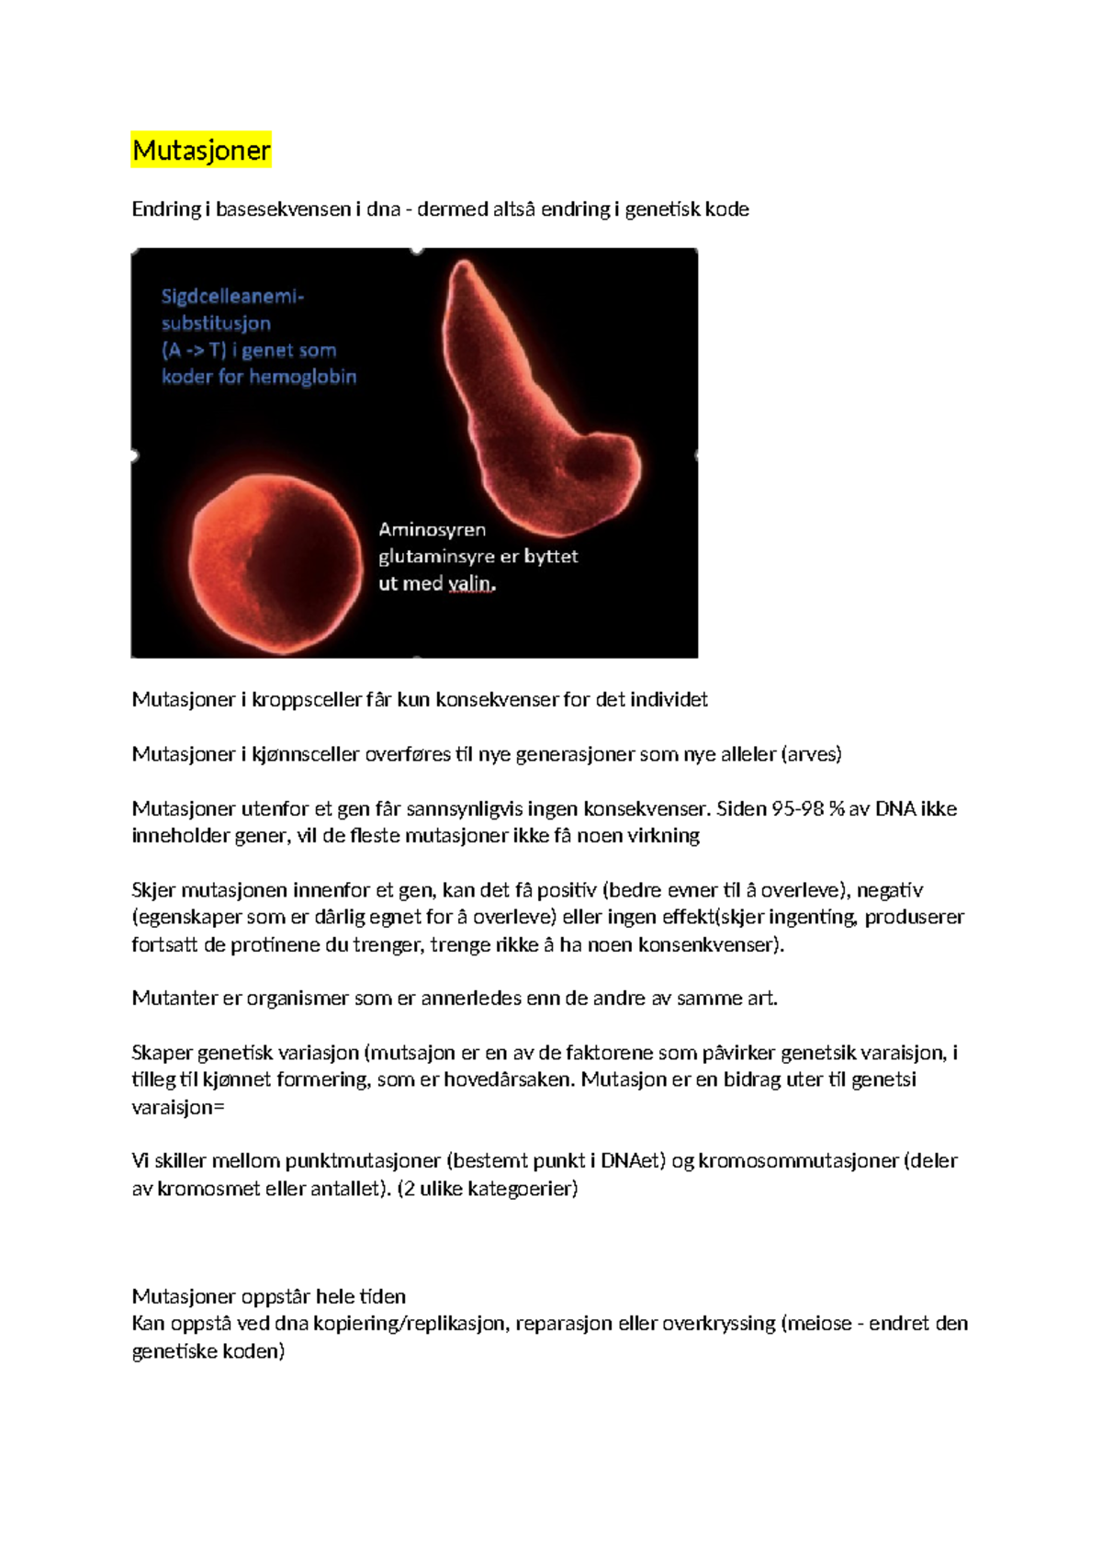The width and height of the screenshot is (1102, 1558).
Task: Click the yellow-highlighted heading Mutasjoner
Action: [201, 150]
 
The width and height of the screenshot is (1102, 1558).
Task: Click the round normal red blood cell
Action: [275, 562]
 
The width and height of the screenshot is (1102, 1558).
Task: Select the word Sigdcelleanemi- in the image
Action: [232, 297]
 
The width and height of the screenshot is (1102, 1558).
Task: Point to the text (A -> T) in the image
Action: [194, 350]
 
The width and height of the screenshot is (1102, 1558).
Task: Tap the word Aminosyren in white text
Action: [432, 529]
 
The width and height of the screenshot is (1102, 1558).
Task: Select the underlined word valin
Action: [472, 583]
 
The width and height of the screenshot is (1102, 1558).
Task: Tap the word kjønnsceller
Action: [306, 754]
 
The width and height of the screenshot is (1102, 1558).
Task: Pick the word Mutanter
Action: [174, 998]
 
